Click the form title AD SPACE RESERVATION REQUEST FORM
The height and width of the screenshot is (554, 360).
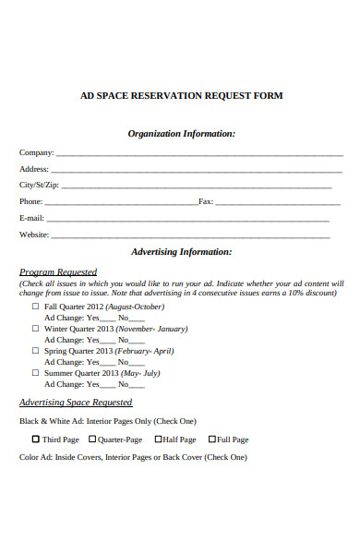point(181,96)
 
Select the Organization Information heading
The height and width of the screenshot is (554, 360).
point(181,134)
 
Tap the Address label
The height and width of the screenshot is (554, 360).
point(33,170)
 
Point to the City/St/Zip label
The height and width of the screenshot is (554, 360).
point(40,186)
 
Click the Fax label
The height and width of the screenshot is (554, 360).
point(206,201)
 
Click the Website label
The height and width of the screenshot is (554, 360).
point(34,235)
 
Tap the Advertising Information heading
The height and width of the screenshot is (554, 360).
point(181,251)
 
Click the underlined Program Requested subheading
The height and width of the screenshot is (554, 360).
point(58,272)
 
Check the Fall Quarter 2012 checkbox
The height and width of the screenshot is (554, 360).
point(36,307)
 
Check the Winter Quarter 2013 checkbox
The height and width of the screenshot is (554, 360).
point(36,329)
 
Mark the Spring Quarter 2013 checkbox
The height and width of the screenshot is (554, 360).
point(36,351)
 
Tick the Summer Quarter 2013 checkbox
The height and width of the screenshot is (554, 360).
point(36,373)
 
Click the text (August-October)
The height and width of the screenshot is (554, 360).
point(135,307)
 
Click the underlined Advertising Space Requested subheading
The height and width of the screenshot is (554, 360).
point(76,403)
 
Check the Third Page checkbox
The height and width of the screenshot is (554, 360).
point(36,440)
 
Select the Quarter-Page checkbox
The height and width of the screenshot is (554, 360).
point(92,440)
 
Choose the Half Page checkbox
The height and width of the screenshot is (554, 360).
point(158,440)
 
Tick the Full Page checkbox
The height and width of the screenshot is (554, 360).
point(211,440)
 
